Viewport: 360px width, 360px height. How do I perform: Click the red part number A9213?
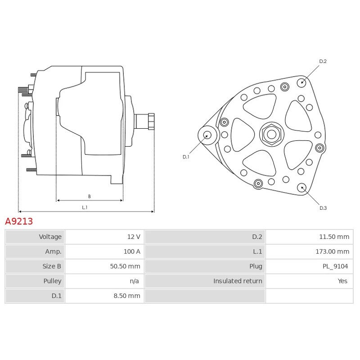pos(19,221)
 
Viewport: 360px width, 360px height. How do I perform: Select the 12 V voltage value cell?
pos(134,237)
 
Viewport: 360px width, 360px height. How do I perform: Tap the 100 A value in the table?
pos(132,252)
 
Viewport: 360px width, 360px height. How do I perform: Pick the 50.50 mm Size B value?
pos(125,266)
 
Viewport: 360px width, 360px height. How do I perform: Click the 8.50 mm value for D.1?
pos(127,296)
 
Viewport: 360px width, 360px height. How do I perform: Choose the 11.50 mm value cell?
pos(334,237)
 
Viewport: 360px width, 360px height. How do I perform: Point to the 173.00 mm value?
pos(332,252)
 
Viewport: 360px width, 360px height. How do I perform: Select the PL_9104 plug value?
pos(335,266)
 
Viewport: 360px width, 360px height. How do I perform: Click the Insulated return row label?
pos(238,281)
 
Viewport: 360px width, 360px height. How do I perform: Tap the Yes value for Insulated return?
pos(342,281)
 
